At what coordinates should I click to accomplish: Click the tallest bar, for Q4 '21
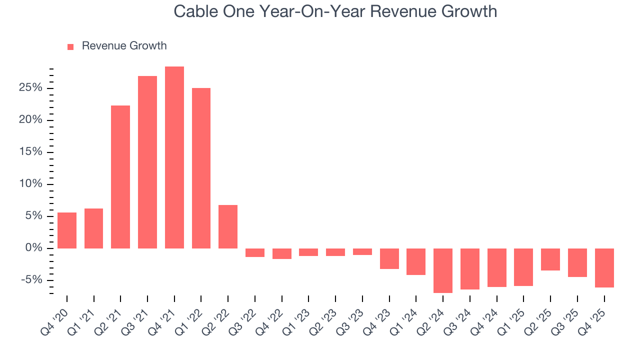(174, 157)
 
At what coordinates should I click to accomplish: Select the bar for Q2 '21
(120, 177)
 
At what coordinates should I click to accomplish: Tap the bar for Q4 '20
(67, 230)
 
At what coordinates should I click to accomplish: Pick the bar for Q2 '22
(228, 226)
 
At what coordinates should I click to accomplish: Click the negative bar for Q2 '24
(443, 270)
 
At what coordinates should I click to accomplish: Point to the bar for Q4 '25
(604, 268)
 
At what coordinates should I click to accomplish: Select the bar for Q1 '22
(201, 168)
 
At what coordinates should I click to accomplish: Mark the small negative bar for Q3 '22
(255, 252)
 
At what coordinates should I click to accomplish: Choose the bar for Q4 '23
(389, 258)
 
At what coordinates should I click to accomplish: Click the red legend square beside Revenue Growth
(70, 46)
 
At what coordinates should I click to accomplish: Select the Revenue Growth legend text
(124, 46)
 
